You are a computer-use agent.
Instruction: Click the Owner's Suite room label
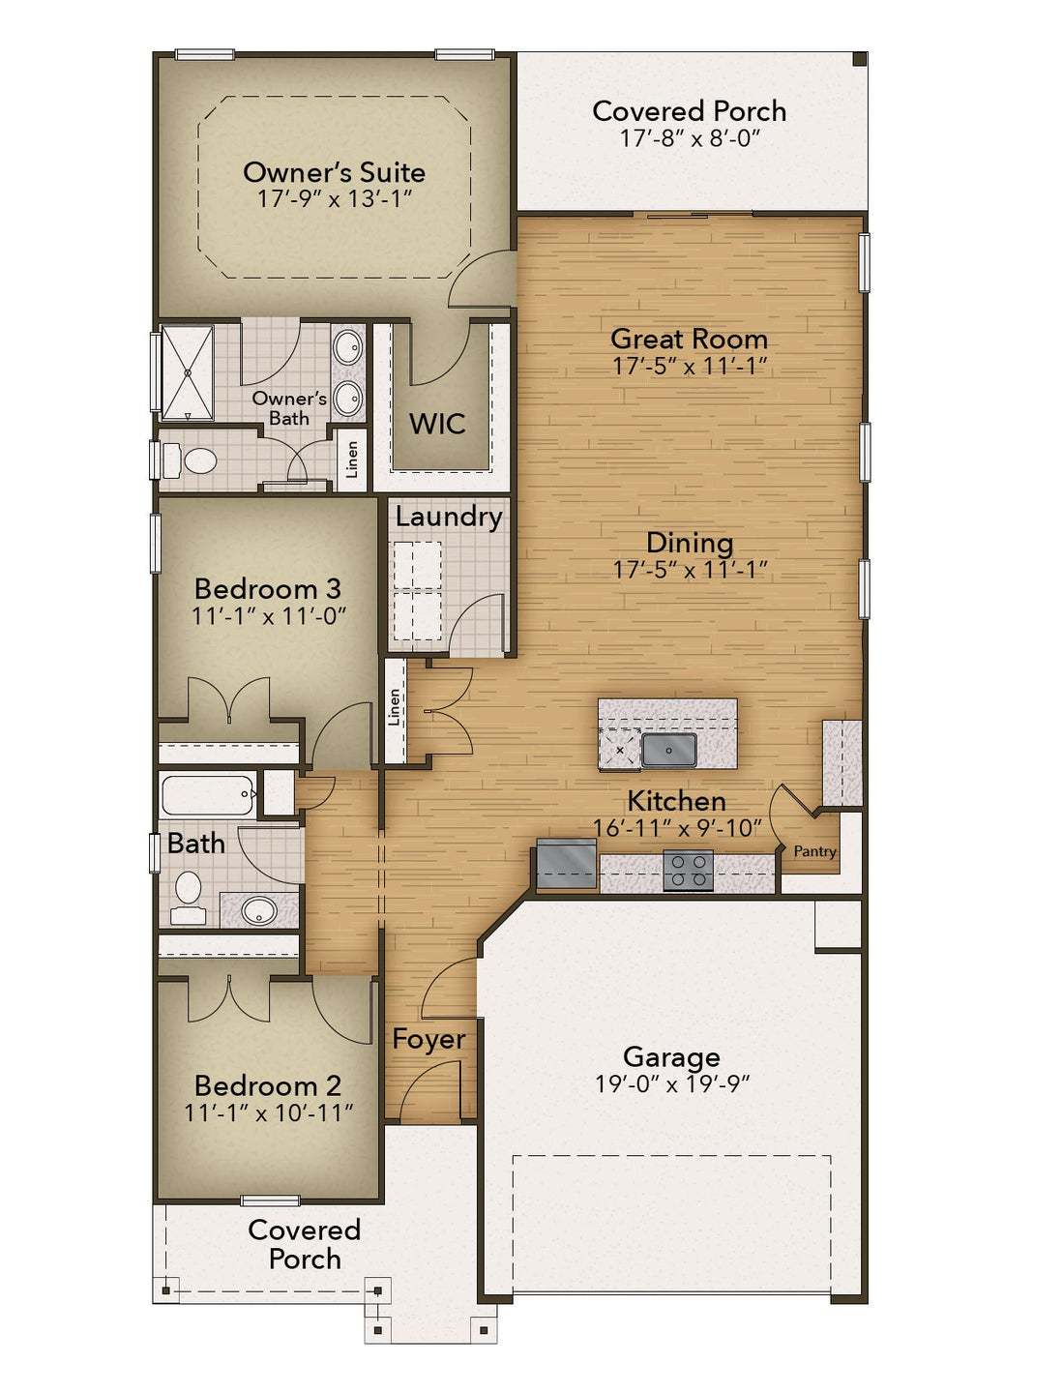334,172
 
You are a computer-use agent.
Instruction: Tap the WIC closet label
437,424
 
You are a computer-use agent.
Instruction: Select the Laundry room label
448,517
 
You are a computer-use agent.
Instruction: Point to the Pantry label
814,851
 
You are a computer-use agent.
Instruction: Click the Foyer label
428,1039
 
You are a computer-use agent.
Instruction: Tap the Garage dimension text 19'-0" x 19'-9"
672,1083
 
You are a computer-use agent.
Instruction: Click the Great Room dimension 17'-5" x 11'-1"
689,367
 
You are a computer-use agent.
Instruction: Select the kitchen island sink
668,749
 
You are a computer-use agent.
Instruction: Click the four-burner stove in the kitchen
689,869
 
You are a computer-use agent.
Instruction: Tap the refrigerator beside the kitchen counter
568,864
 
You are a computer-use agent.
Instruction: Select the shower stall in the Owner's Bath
187,372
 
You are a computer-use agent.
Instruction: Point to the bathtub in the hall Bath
208,794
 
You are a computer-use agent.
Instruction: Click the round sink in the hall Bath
258,910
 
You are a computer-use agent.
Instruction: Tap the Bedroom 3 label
268,588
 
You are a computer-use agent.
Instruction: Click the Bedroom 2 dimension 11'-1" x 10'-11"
268,1112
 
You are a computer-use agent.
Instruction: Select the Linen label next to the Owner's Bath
352,459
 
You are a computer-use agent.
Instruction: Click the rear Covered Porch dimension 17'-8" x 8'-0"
689,138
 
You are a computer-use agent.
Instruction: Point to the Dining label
689,543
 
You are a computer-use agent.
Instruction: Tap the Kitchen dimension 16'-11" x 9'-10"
677,828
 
